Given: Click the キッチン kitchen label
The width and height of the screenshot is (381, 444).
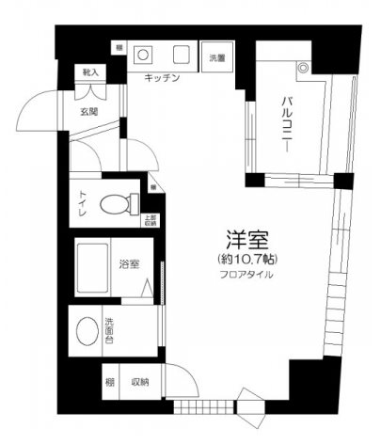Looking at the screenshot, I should (x=162, y=79).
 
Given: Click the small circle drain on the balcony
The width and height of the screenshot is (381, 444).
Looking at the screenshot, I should (x=302, y=69).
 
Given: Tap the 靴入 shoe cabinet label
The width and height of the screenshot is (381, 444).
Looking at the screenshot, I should (x=91, y=72).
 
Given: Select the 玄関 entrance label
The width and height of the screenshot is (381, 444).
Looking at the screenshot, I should (x=91, y=113).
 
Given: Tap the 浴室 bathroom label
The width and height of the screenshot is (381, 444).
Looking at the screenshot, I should (x=130, y=264).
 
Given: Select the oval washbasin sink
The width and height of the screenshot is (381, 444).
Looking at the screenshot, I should (x=87, y=332).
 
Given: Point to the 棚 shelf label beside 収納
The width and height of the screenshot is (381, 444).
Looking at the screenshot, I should (x=111, y=382).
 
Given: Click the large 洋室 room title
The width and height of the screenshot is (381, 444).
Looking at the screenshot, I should (x=244, y=239).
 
